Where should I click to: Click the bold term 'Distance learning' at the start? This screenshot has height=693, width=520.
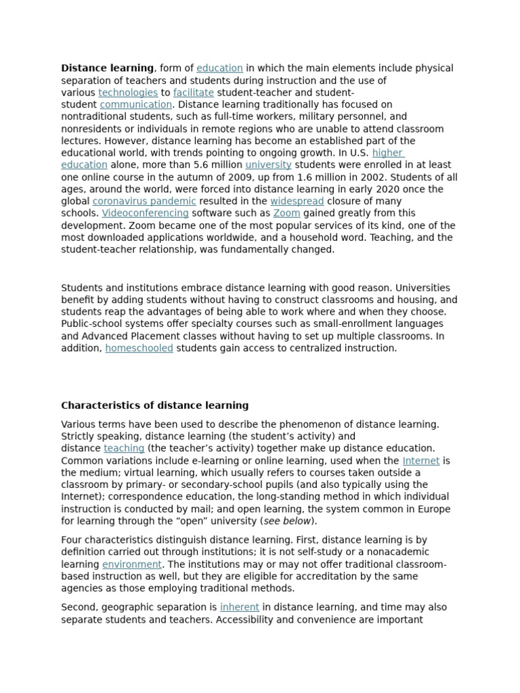[x=107, y=68]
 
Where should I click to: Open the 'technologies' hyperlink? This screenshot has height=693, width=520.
[x=128, y=93]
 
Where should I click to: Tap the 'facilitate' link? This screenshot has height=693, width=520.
[x=194, y=93]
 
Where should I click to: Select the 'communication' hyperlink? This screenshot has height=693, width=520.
[x=136, y=105]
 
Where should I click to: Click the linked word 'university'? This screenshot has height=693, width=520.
[x=268, y=165]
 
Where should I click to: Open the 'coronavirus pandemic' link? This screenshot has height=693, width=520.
[x=144, y=202]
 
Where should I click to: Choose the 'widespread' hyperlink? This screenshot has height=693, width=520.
[x=297, y=202]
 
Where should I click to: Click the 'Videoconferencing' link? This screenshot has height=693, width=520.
[x=145, y=214]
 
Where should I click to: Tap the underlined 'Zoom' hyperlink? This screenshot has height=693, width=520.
[x=286, y=214]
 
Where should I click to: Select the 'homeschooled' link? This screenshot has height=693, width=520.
[x=139, y=349]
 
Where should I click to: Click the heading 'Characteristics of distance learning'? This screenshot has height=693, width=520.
[x=154, y=406]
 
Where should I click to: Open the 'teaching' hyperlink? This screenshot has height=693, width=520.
[x=124, y=449]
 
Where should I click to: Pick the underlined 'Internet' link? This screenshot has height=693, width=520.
[x=421, y=461]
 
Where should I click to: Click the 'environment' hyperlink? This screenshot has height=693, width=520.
[x=132, y=564]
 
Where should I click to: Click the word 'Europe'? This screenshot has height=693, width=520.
[x=435, y=509]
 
